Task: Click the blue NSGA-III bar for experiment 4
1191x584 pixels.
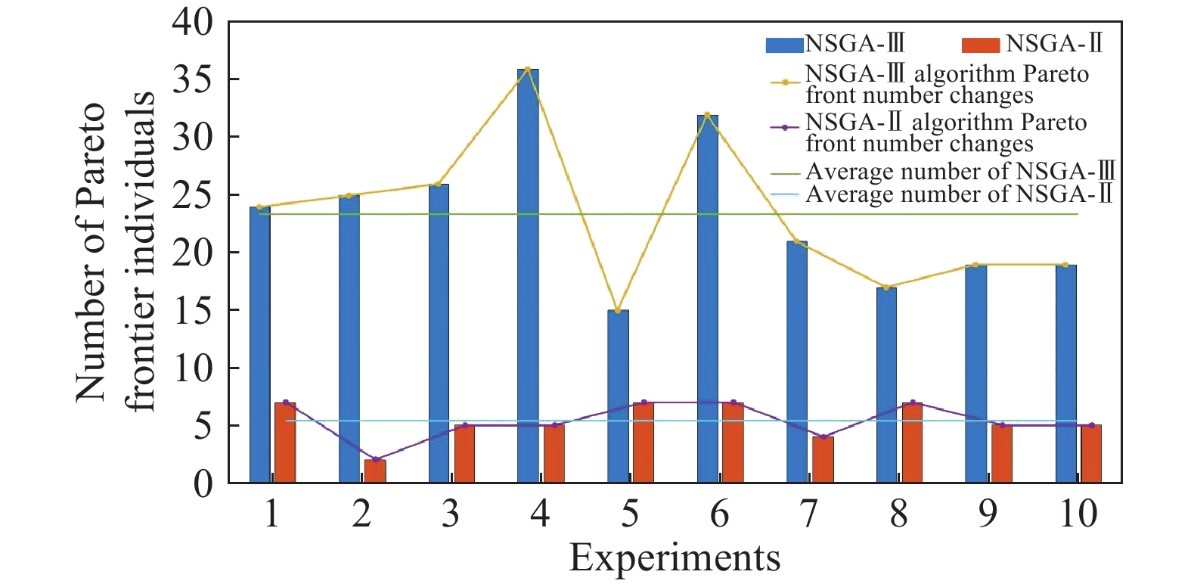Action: (x=528, y=276)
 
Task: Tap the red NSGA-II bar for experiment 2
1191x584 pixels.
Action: (x=375, y=471)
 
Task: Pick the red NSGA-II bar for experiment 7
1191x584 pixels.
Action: (x=823, y=459)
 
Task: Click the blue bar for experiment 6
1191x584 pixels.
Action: (x=708, y=299)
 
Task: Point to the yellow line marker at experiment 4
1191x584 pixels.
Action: (x=528, y=70)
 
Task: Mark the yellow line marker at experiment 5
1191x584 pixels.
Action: (x=618, y=310)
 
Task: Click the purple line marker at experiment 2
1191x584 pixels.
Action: (x=375, y=459)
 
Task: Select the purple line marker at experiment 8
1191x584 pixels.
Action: (x=913, y=402)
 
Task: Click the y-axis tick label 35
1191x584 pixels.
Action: (x=193, y=79)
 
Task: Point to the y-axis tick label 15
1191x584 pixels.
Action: (x=193, y=310)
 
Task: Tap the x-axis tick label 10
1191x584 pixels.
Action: (x=1077, y=514)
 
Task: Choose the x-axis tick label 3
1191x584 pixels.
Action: (x=451, y=514)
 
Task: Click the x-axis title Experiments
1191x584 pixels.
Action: (x=675, y=558)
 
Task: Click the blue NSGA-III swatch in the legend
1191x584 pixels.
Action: (x=784, y=45)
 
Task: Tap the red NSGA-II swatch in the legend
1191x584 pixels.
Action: (x=981, y=45)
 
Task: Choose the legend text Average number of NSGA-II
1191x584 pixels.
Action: (x=959, y=194)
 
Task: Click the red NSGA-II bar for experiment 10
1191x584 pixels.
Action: (x=1091, y=453)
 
